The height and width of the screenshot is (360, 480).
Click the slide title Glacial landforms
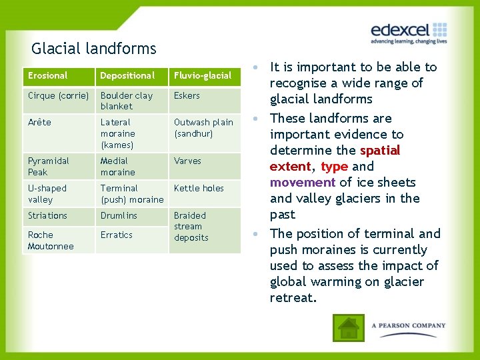click(x=93, y=49)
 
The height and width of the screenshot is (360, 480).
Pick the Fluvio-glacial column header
click(x=203, y=76)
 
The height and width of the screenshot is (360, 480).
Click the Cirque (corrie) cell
click(x=58, y=96)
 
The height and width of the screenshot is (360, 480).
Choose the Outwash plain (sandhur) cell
click(x=203, y=128)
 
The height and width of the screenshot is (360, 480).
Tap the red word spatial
click(x=379, y=151)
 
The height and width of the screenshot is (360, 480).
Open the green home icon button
click(x=349, y=327)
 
